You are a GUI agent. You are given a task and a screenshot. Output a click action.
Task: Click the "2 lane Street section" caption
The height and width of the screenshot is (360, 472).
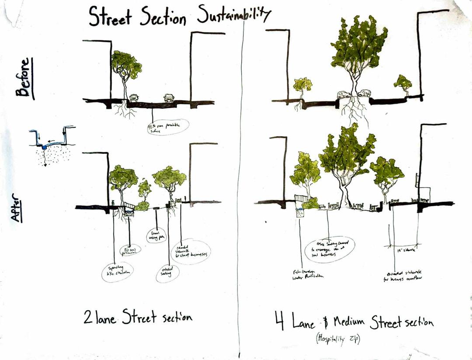pyautogui.click(x=138, y=317)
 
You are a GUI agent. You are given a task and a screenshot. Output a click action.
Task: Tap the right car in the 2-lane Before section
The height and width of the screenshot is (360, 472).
pyautogui.click(x=169, y=97)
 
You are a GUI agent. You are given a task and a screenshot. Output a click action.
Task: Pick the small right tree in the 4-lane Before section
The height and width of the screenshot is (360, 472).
pyautogui.click(x=403, y=83)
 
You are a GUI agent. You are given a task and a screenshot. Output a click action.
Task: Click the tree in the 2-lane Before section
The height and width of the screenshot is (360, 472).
pyautogui.click(x=126, y=70)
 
